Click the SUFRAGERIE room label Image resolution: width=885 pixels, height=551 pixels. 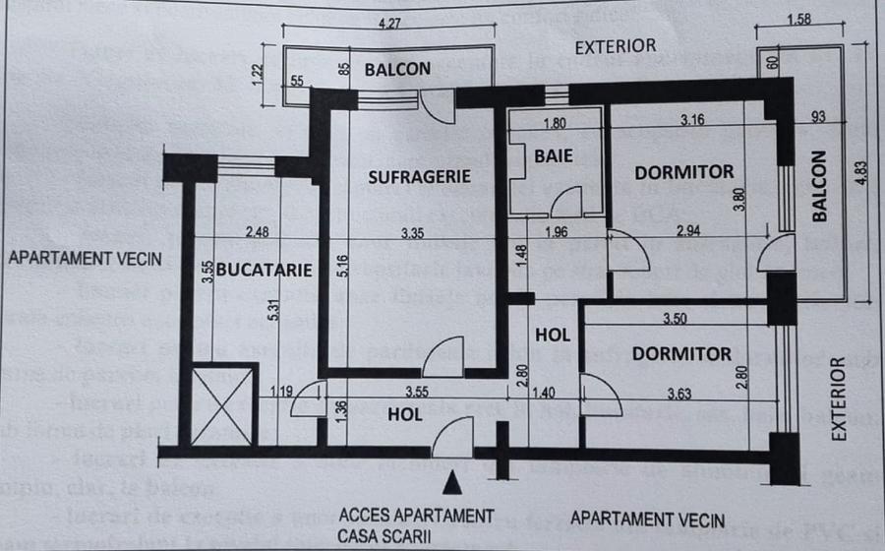[414, 177]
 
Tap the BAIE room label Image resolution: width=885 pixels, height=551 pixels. [554, 155]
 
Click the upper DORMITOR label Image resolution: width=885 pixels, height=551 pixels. [683, 172]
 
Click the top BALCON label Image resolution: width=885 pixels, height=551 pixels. [397, 69]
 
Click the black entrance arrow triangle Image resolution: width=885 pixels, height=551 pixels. [452, 482]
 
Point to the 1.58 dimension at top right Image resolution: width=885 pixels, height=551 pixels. [798, 23]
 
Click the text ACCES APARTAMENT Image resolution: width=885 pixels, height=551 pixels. [416, 515]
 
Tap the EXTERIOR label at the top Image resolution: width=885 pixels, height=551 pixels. [615, 46]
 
